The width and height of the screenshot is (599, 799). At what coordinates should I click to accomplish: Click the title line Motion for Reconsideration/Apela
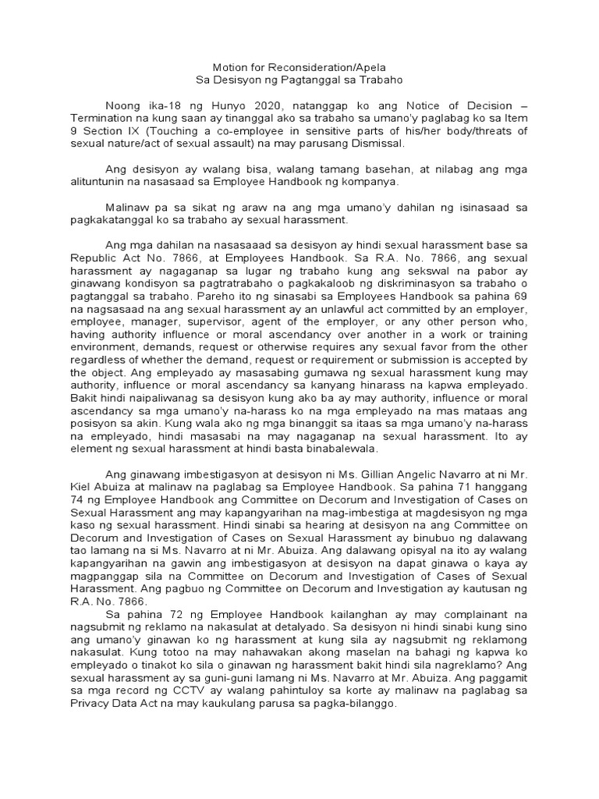coord(299,68)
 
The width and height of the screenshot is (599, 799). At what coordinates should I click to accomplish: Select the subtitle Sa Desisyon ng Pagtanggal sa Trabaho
coord(299,80)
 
